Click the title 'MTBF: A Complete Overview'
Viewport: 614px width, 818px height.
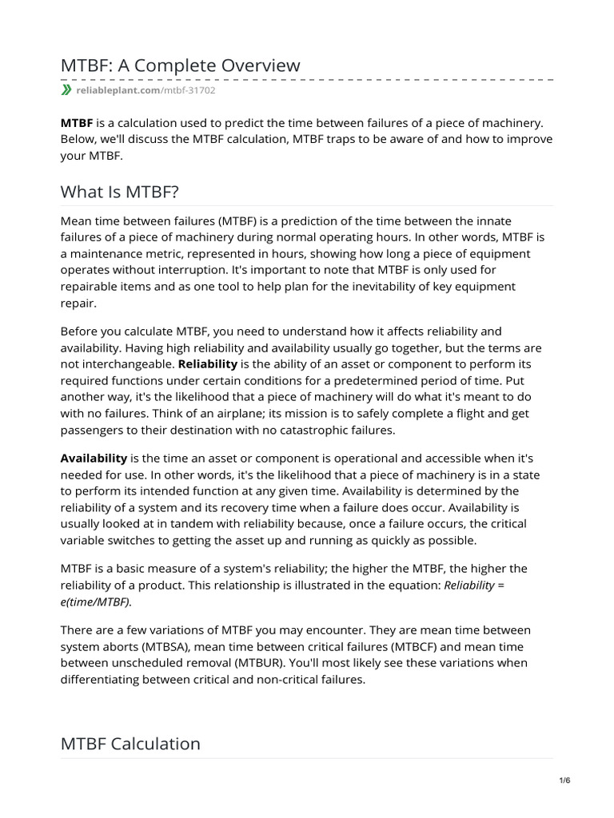181,65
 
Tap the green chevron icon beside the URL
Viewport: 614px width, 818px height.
66,91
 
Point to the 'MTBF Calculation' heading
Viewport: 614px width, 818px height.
130,743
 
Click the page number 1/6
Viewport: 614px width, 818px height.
564,780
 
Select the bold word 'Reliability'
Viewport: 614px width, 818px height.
208,363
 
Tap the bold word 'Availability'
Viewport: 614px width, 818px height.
94,458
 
